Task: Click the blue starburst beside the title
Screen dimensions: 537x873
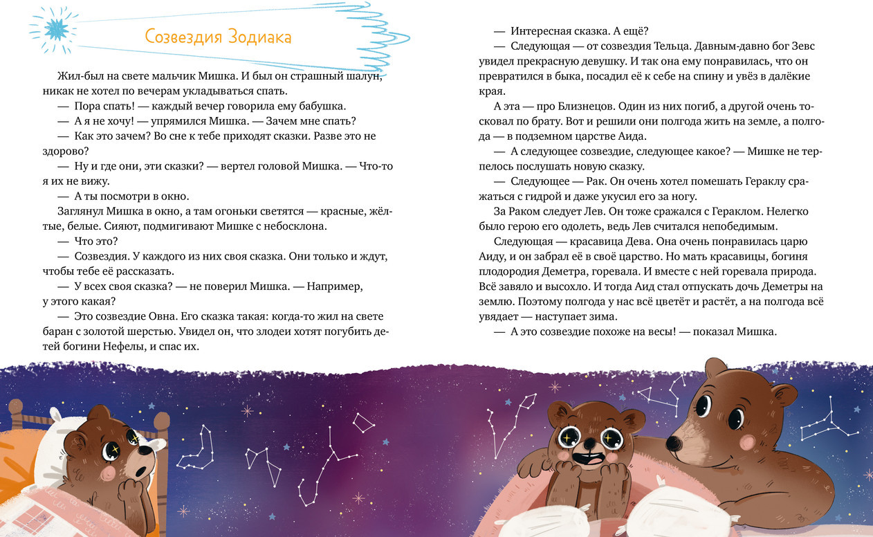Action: [x=53, y=29]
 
